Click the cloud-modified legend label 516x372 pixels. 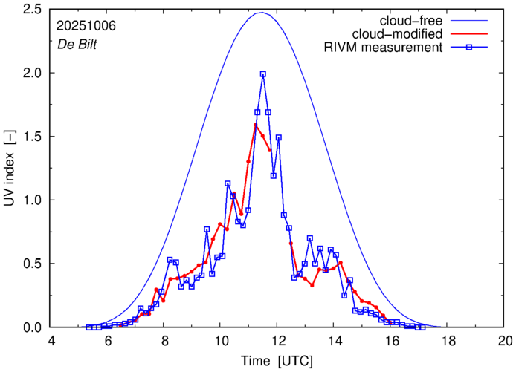click(406, 34)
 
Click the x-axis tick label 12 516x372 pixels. click(278, 342)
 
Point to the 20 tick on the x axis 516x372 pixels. click(505, 342)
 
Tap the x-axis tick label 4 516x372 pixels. click(51, 342)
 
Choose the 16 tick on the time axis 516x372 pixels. click(391, 342)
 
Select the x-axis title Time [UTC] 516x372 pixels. click(277, 360)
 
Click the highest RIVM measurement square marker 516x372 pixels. click(263, 74)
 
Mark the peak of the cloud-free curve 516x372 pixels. click(261, 13)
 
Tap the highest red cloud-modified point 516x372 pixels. click(255, 125)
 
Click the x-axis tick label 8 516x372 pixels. click(164, 342)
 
